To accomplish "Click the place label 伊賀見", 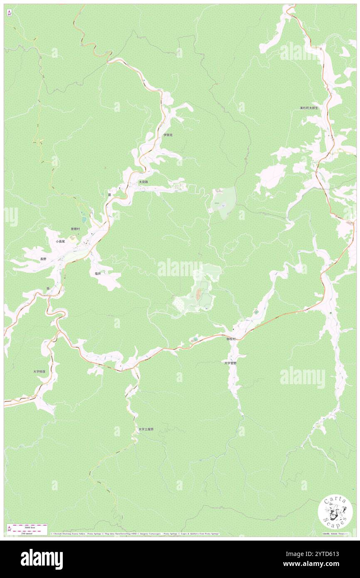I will click(x=168, y=135).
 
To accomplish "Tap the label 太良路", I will click(x=143, y=182).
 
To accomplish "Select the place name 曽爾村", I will click(x=75, y=229).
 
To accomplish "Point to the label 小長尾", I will click(x=61, y=241).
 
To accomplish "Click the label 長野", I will click(x=44, y=259).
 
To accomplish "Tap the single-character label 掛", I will click(x=48, y=288).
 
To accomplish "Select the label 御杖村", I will click(x=231, y=339).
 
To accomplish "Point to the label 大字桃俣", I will click(x=39, y=371).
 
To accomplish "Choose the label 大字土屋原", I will click(x=146, y=429).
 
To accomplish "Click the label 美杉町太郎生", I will click(x=309, y=108).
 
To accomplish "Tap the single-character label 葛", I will click(x=109, y=195).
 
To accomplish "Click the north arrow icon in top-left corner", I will click(x=9, y=13).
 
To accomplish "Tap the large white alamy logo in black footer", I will click(x=42, y=559).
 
